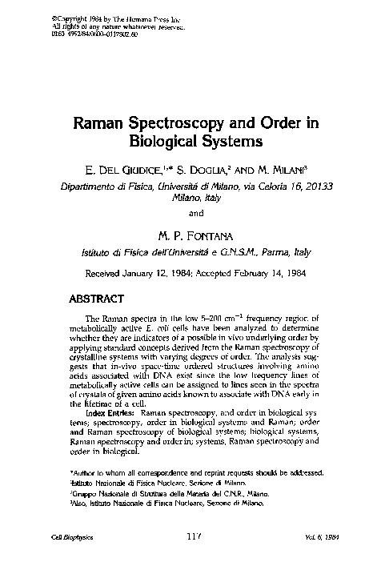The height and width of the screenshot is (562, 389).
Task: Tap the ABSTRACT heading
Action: pyautogui.click(x=95, y=300)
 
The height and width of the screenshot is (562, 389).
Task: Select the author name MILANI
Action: pyautogui.click(x=290, y=171)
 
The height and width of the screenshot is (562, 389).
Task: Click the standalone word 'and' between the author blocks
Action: pyautogui.click(x=195, y=213)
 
